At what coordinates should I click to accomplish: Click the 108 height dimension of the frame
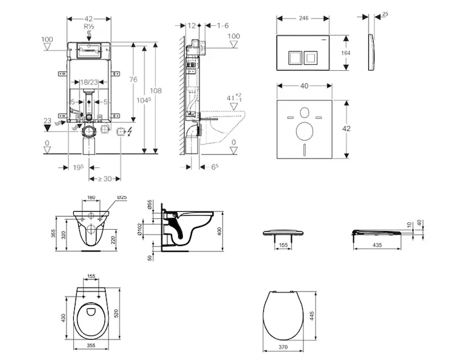coord(156,91)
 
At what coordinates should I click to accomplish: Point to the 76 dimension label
coord(133,80)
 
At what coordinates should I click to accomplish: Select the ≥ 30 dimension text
coord(104,178)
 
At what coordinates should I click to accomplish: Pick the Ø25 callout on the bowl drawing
coord(121,197)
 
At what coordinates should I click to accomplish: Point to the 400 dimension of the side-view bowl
coord(220,230)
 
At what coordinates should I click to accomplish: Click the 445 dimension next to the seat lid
coord(311,316)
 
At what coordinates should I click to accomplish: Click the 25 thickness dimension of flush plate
coord(384,13)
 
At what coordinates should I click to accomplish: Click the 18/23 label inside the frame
coord(90,81)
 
